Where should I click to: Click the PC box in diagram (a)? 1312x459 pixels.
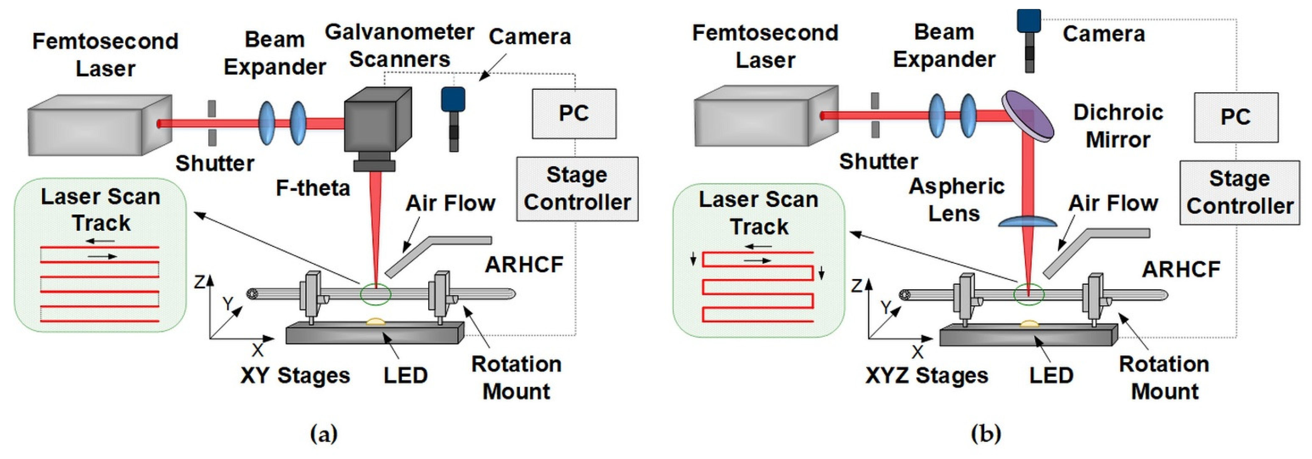[574, 114]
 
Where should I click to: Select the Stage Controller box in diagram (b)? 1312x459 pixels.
[1239, 192]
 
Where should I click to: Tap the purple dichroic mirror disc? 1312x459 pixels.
[1028, 116]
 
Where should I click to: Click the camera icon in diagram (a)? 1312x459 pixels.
[453, 117]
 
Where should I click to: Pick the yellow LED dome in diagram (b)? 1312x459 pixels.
[1029, 323]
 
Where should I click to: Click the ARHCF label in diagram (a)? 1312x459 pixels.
[524, 264]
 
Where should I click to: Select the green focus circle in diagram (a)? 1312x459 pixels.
[376, 294]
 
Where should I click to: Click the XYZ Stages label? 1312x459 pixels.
[926, 375]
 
